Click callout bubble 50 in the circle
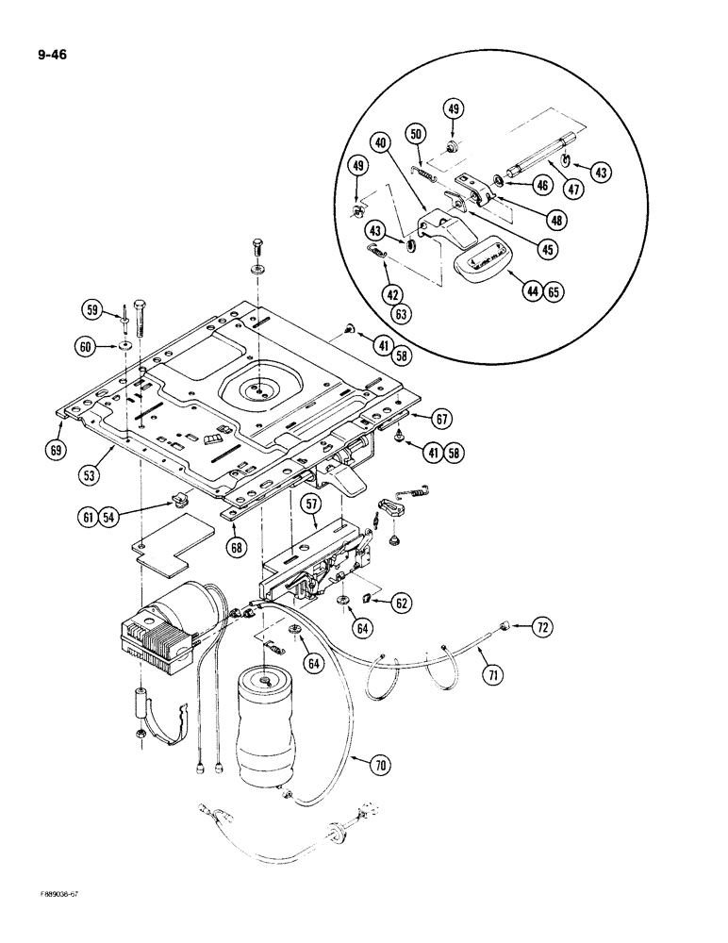point(415,134)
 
